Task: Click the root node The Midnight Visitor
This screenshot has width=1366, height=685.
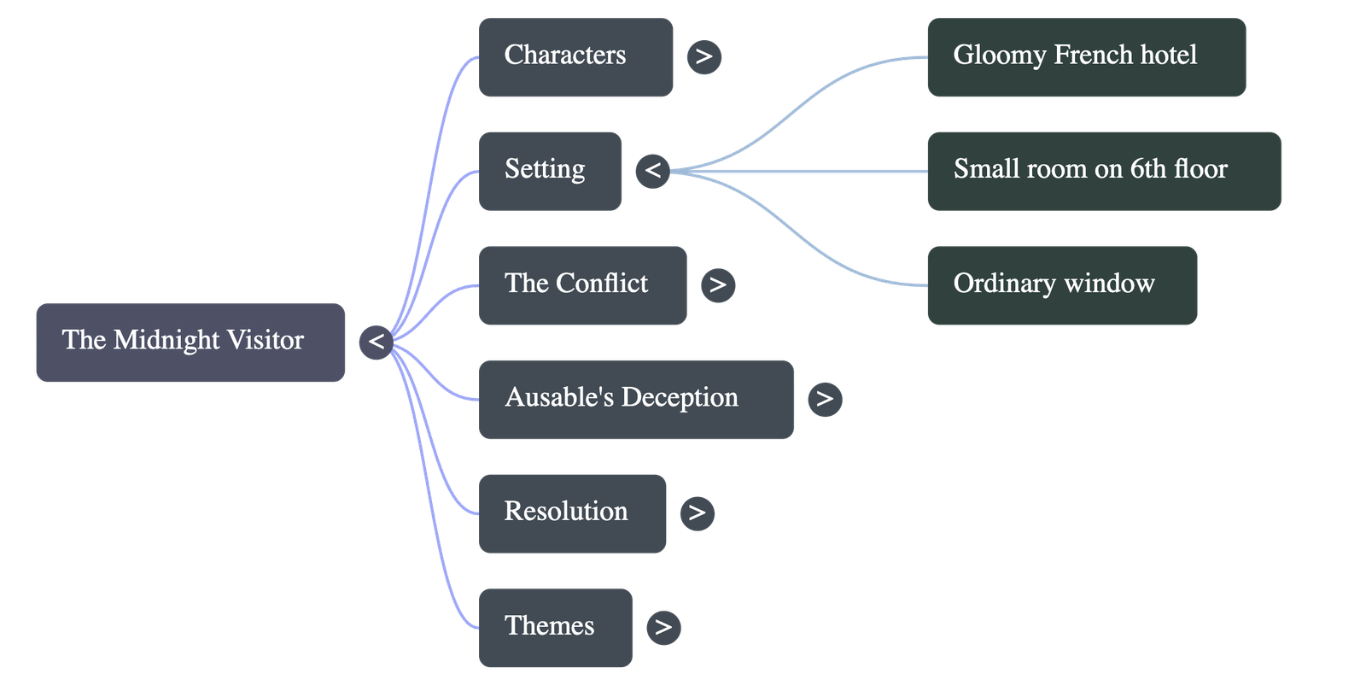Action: (190, 342)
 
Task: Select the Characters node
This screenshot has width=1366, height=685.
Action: (575, 57)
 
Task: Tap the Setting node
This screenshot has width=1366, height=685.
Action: (550, 171)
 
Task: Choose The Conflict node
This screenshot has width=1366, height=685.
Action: (582, 285)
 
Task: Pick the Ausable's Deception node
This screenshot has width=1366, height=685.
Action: (635, 399)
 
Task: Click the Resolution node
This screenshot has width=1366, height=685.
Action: (572, 513)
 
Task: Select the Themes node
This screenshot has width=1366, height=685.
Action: (555, 627)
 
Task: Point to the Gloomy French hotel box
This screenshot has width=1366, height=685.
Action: (1086, 57)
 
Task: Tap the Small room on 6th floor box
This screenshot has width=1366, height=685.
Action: (1104, 171)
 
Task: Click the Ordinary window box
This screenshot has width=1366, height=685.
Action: (1062, 285)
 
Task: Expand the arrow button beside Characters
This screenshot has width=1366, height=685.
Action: (703, 57)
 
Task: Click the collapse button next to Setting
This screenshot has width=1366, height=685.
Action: (652, 171)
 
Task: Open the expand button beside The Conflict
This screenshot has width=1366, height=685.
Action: (717, 285)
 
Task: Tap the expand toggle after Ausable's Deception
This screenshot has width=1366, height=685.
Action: (824, 399)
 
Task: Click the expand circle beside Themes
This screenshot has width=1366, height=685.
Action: (663, 627)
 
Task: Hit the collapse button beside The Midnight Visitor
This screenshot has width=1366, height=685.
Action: (376, 342)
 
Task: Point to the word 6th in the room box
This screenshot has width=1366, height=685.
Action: (1147, 169)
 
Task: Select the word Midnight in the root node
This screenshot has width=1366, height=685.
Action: (166, 340)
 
